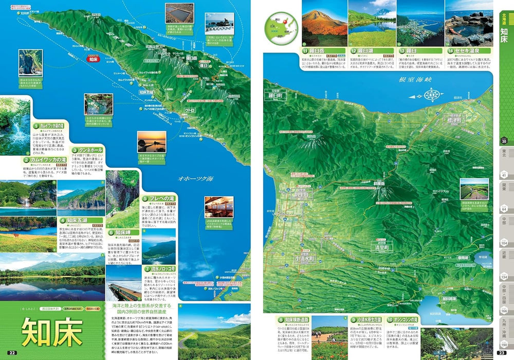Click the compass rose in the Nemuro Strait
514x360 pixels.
(431, 95)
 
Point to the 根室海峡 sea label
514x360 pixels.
(415, 80)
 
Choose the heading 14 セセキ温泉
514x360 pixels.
(468, 51)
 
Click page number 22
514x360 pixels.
(12, 352)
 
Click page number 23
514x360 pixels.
(502, 352)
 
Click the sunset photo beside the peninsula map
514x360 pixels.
(152, 141)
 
